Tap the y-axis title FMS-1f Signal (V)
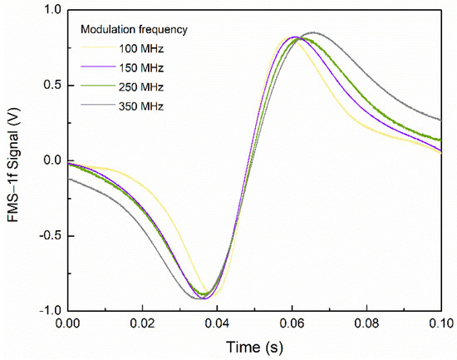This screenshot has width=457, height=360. click(x=16, y=160)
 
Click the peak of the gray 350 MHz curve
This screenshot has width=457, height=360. click(x=312, y=32)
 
